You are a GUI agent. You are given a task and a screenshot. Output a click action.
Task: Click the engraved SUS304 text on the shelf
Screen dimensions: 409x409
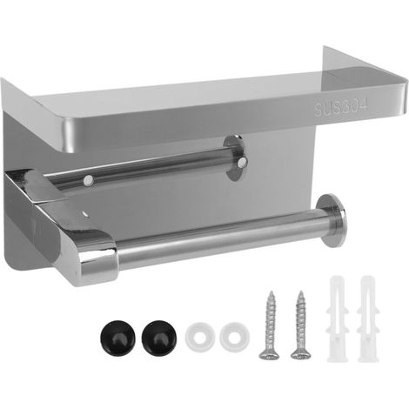pyautogui.click(x=341, y=107)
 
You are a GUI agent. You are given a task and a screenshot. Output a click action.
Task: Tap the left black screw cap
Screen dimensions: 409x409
pyautogui.click(x=118, y=337)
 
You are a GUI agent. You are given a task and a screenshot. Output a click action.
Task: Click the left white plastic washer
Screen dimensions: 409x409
pyautogui.click(x=200, y=337)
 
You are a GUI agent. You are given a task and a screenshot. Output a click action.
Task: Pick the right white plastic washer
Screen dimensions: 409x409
pyautogui.click(x=235, y=337)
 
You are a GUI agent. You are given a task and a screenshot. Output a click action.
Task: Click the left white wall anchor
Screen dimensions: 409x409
pyautogui.click(x=337, y=319)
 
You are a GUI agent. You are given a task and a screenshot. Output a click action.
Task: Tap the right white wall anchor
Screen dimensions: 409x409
pyautogui.click(x=368, y=319)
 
